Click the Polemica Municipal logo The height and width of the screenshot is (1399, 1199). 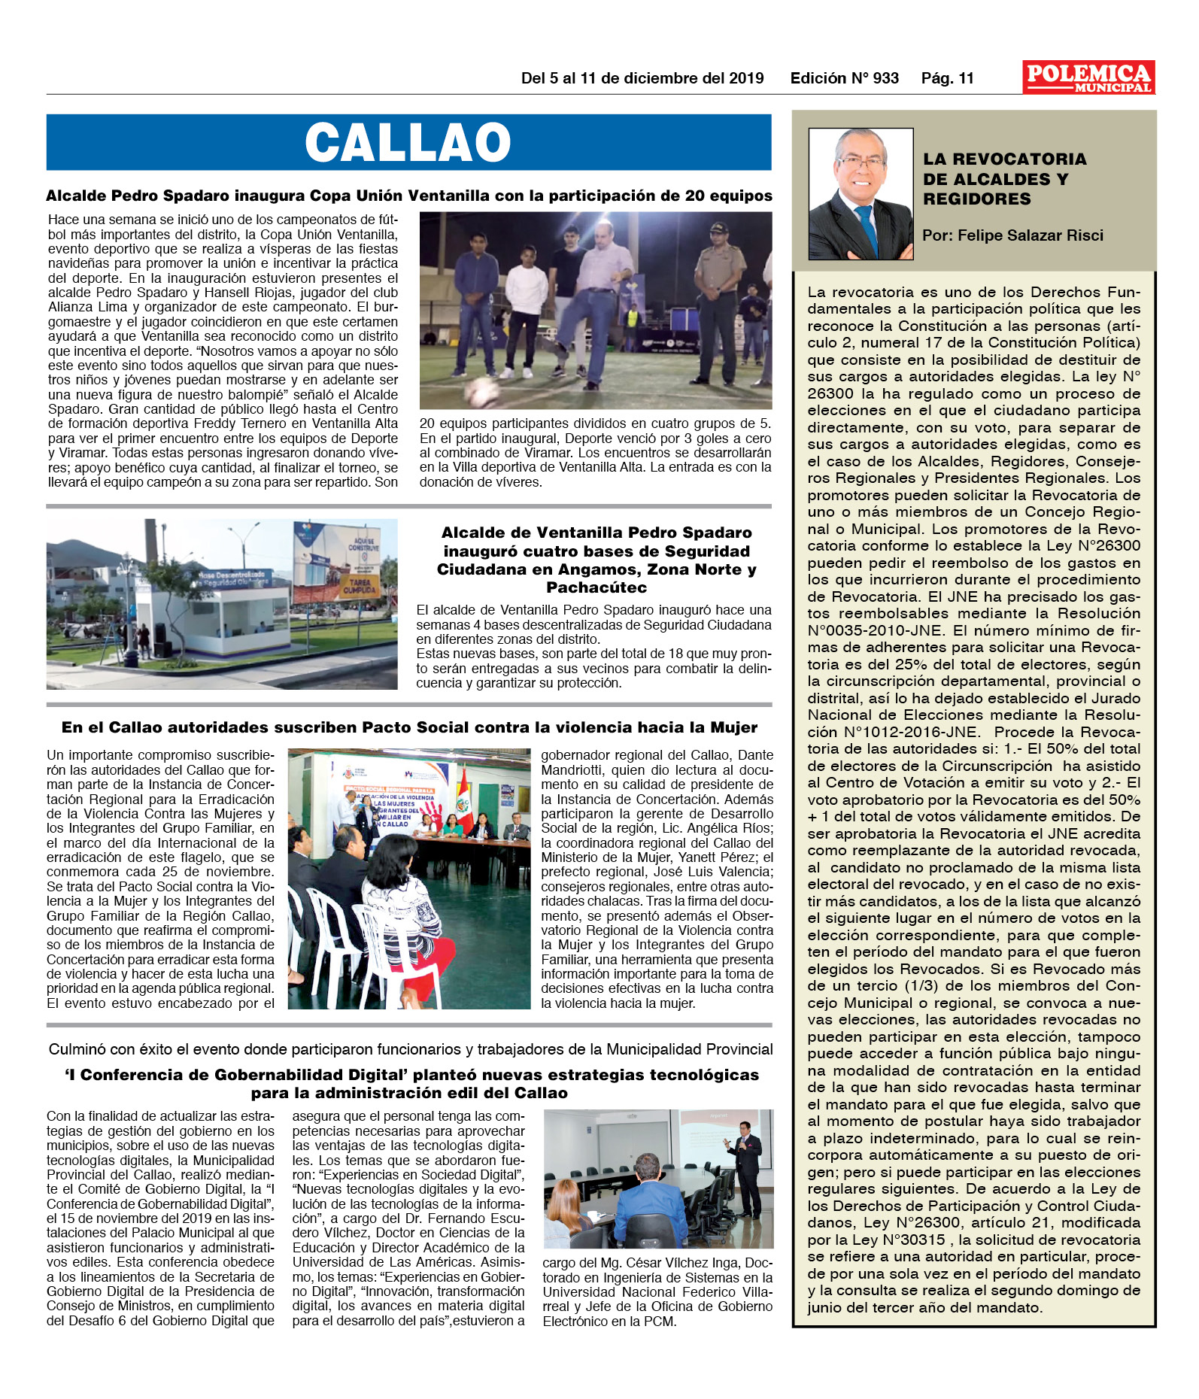tap(1088, 77)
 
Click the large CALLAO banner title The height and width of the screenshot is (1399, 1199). tap(408, 142)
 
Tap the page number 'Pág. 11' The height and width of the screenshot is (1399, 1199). tap(947, 78)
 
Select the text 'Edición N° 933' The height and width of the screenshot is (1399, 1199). tap(844, 78)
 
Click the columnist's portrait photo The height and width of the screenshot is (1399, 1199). tap(861, 194)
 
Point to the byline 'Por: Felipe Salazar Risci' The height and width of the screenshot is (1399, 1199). tap(1012, 235)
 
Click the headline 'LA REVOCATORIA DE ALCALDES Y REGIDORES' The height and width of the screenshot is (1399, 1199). tap(1004, 179)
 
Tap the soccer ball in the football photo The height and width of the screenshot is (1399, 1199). tap(481, 392)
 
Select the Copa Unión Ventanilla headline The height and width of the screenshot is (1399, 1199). tap(409, 196)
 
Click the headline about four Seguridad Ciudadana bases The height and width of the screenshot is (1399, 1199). tap(596, 560)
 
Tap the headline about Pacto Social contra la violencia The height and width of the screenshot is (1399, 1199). tap(409, 727)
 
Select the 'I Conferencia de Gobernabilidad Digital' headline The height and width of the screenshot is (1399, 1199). tap(411, 1083)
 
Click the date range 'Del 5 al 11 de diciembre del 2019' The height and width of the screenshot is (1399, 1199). tap(642, 78)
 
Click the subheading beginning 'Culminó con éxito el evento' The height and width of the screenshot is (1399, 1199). tap(411, 1049)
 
